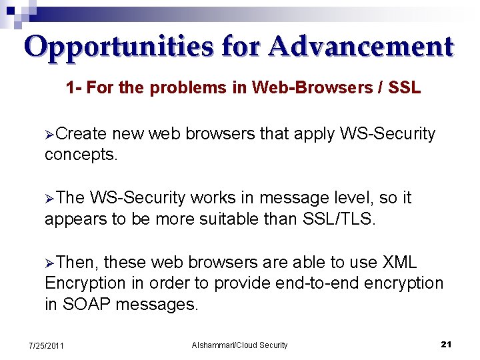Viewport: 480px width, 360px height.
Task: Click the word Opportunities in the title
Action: (118, 47)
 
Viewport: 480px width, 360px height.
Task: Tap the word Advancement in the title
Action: (362, 47)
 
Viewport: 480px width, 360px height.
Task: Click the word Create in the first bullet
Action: (81, 134)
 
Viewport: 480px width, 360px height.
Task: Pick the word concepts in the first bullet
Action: (81, 155)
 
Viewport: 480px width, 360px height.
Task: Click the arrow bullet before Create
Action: (49, 135)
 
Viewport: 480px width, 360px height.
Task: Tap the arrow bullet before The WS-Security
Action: (49, 199)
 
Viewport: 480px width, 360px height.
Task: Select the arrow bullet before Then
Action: (49, 263)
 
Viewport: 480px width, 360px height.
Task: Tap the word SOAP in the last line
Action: (87, 305)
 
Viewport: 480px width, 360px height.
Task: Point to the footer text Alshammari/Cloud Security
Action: (239, 345)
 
